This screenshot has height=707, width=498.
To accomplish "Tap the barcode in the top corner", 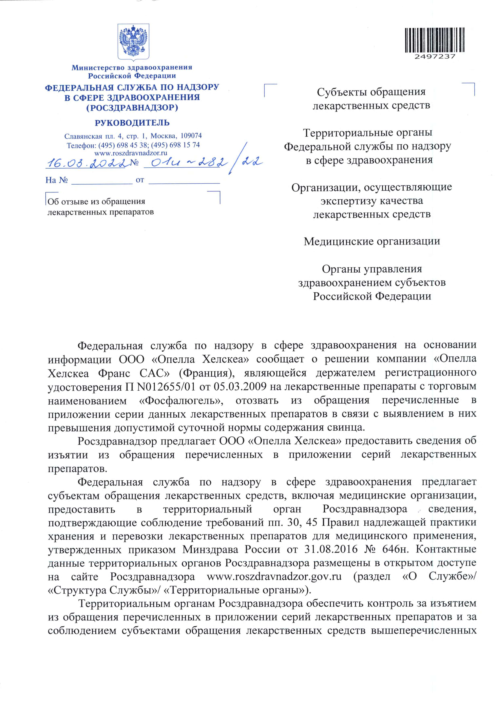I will (x=435, y=40).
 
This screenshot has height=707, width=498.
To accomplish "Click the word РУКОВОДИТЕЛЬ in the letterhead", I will (x=132, y=123).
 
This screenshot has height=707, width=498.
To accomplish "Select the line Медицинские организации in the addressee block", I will (x=372, y=241).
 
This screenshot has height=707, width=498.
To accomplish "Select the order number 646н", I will (x=389, y=549).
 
